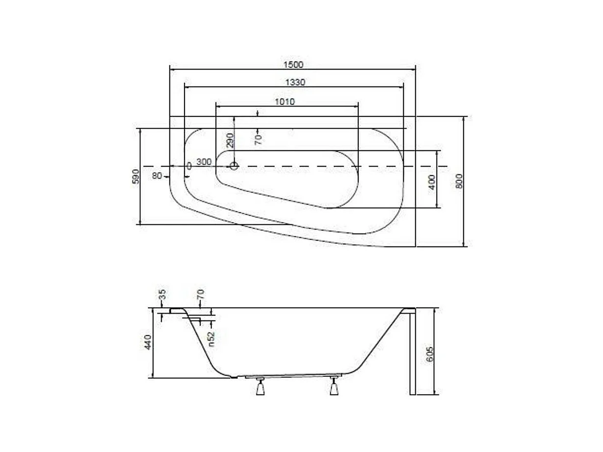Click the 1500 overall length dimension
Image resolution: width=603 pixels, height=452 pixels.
(x=293, y=64)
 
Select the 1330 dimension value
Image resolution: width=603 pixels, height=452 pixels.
(x=295, y=82)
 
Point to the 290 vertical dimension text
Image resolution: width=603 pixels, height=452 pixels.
(x=231, y=141)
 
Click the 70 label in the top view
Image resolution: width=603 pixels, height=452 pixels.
(x=259, y=139)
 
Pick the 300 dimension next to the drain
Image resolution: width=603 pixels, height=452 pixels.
(x=204, y=161)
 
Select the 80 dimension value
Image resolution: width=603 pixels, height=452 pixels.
(x=157, y=176)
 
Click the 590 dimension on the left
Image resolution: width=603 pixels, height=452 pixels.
(x=136, y=176)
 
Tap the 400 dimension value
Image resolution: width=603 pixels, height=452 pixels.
(x=432, y=183)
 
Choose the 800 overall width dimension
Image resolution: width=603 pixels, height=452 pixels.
(x=459, y=182)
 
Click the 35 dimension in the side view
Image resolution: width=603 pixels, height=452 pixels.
(x=162, y=294)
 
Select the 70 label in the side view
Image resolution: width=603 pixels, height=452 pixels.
(x=200, y=294)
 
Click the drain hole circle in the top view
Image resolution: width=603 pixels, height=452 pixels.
(x=234, y=166)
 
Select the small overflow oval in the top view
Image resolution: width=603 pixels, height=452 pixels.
(x=188, y=166)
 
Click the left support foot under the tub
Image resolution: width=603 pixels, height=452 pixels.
(x=260, y=387)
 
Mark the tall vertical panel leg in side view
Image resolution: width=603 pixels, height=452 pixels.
(x=412, y=353)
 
